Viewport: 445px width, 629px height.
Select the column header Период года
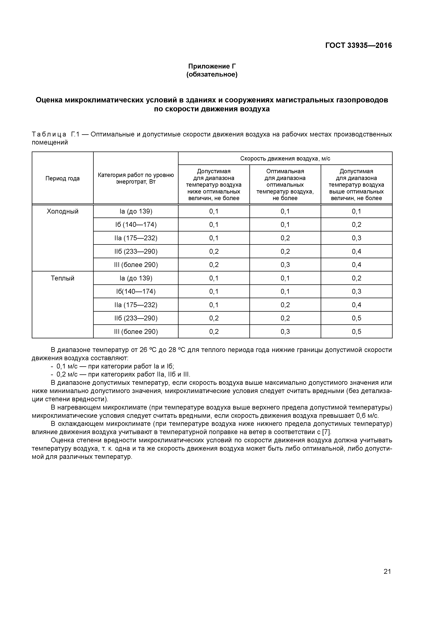tap(62, 178)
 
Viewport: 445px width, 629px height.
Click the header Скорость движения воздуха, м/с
tap(285, 158)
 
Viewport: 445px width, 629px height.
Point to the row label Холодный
tap(62, 211)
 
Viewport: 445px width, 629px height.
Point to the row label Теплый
tap(62, 278)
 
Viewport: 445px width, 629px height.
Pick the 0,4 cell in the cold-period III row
tap(356, 265)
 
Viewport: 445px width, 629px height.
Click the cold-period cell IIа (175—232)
tap(136, 238)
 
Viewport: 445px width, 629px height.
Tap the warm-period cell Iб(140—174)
tap(136, 291)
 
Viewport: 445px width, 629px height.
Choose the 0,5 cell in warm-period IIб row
tap(356, 318)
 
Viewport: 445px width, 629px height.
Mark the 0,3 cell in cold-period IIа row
tap(356, 238)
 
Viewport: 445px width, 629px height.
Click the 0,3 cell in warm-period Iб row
tap(356, 291)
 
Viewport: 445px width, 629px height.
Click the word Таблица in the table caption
tap(49, 134)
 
